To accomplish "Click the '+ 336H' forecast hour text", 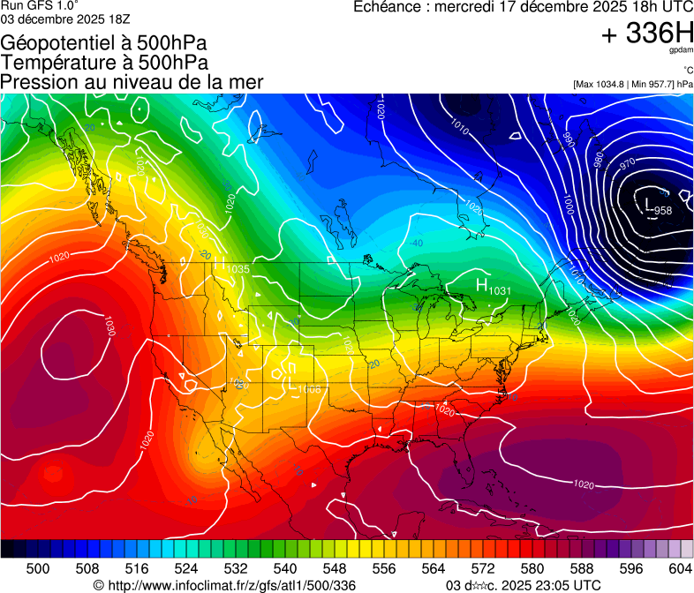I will pyautogui.click(x=646, y=34).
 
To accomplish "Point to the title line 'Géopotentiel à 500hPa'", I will pyautogui.click(x=103, y=43).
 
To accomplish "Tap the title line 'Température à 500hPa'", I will pyautogui.click(x=104, y=63).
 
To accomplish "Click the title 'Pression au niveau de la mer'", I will pyautogui.click(x=132, y=82).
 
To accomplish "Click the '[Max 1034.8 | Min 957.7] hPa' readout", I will pyautogui.click(x=632, y=84).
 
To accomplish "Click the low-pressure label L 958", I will pyautogui.click(x=659, y=208).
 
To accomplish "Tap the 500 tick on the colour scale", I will pyautogui.click(x=38, y=568).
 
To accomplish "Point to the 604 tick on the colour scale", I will pyautogui.click(x=681, y=568).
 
